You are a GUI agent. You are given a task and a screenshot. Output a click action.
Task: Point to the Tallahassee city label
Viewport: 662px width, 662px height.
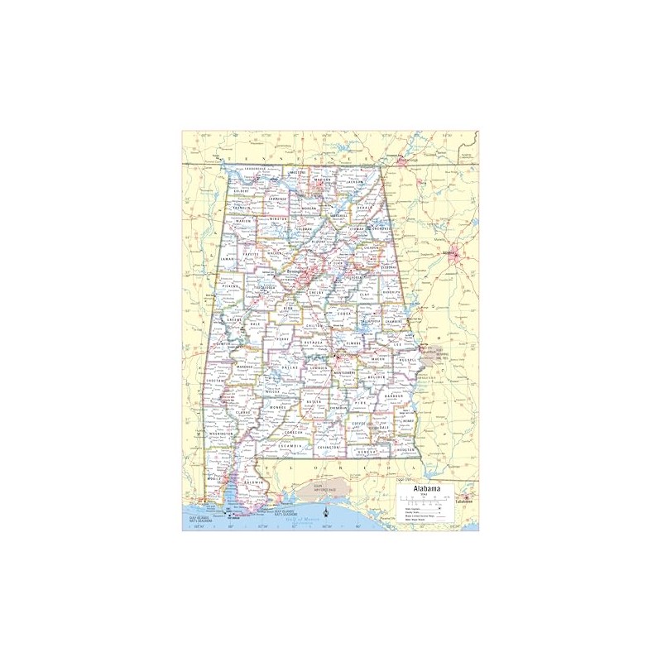tap(463, 501)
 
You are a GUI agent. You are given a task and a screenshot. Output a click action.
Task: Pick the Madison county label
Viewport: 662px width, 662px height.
tap(323, 180)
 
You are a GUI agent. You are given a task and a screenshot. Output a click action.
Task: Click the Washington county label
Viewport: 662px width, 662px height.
tap(221, 433)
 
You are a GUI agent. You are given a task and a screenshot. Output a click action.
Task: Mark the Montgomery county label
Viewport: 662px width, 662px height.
tap(343, 373)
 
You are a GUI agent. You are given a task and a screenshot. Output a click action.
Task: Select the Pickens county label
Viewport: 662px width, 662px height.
tap(230, 286)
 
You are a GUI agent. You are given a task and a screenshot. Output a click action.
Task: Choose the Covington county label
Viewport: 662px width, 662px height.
tap(328, 447)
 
